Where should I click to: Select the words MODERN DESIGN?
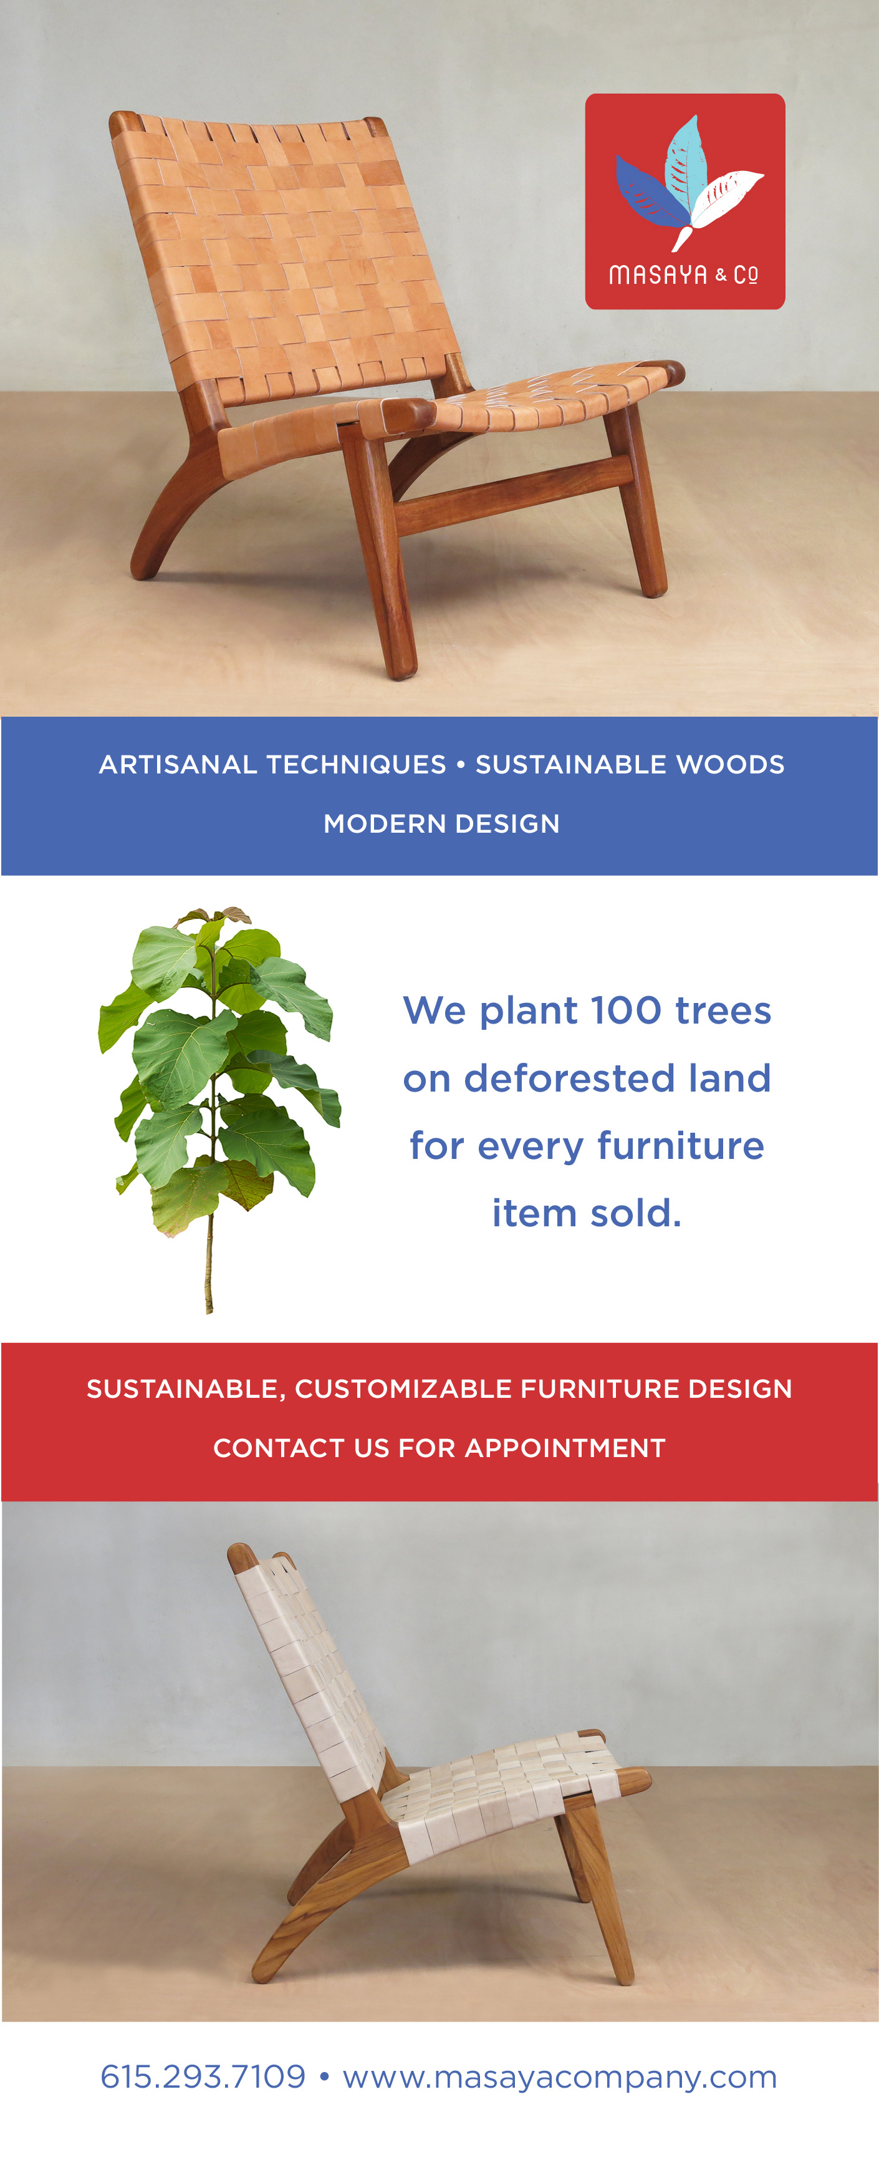pyautogui.click(x=441, y=823)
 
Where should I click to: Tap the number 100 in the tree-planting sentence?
pyautogui.click(x=626, y=1010)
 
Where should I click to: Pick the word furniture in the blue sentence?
pyautogui.click(x=680, y=1146)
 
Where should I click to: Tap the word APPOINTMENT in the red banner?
pyautogui.click(x=565, y=1448)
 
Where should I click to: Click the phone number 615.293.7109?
pyautogui.click(x=203, y=2076)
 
